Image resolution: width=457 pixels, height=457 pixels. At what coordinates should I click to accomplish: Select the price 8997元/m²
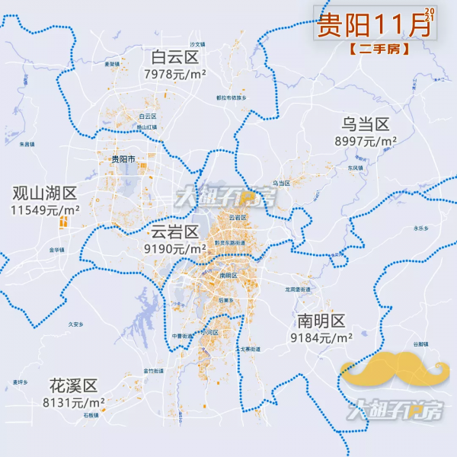point(366,142)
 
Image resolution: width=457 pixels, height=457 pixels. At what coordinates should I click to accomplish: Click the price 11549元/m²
point(46,209)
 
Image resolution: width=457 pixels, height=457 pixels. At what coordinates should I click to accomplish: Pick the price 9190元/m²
point(175,249)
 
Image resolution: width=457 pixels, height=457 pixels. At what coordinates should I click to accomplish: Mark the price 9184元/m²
point(321,337)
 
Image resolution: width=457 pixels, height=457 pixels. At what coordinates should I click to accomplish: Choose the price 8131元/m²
point(74,402)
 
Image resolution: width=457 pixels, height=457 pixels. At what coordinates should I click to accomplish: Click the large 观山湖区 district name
point(45,192)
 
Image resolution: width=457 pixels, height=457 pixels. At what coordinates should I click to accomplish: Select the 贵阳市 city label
point(122,159)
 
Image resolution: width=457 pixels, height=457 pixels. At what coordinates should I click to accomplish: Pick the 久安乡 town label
point(75,324)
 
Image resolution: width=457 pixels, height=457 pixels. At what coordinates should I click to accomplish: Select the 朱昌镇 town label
point(27,144)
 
